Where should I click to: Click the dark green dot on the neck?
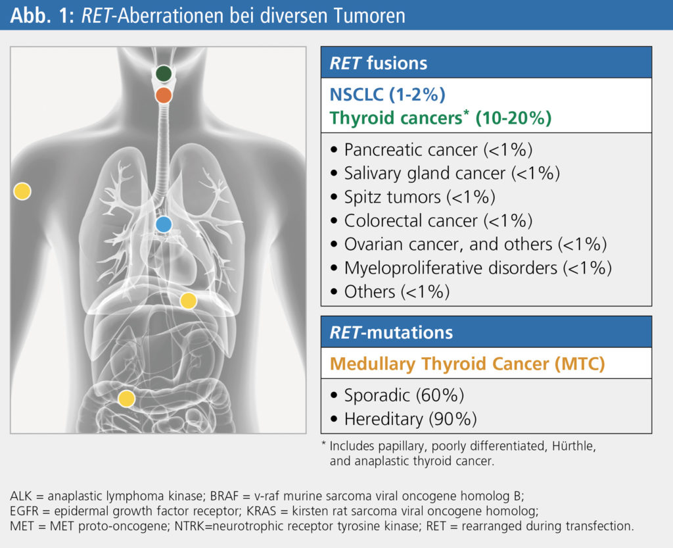[164, 74]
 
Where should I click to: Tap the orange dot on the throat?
[164, 95]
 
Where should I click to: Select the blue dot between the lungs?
[164, 224]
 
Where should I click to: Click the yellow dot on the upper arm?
[22, 191]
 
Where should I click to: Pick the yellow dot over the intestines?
[126, 399]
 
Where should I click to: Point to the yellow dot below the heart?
[188, 301]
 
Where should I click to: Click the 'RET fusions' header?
[379, 63]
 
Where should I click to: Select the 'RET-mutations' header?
[391, 332]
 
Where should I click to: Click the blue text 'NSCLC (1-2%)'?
[388, 95]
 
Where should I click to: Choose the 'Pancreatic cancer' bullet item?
[432, 150]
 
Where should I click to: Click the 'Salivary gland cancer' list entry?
[446, 174]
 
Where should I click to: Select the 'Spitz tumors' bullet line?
[413, 197]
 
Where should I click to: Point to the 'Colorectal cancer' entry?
[432, 221]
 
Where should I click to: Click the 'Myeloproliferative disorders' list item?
[471, 268]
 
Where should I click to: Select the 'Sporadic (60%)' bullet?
[398, 395]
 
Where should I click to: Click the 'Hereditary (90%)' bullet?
[404, 419]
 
